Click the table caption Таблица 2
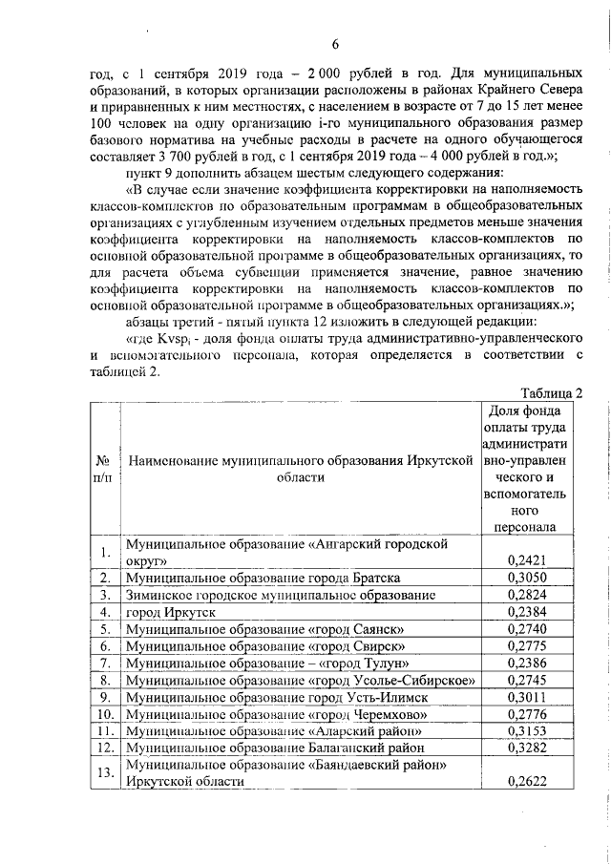tap(551, 392)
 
